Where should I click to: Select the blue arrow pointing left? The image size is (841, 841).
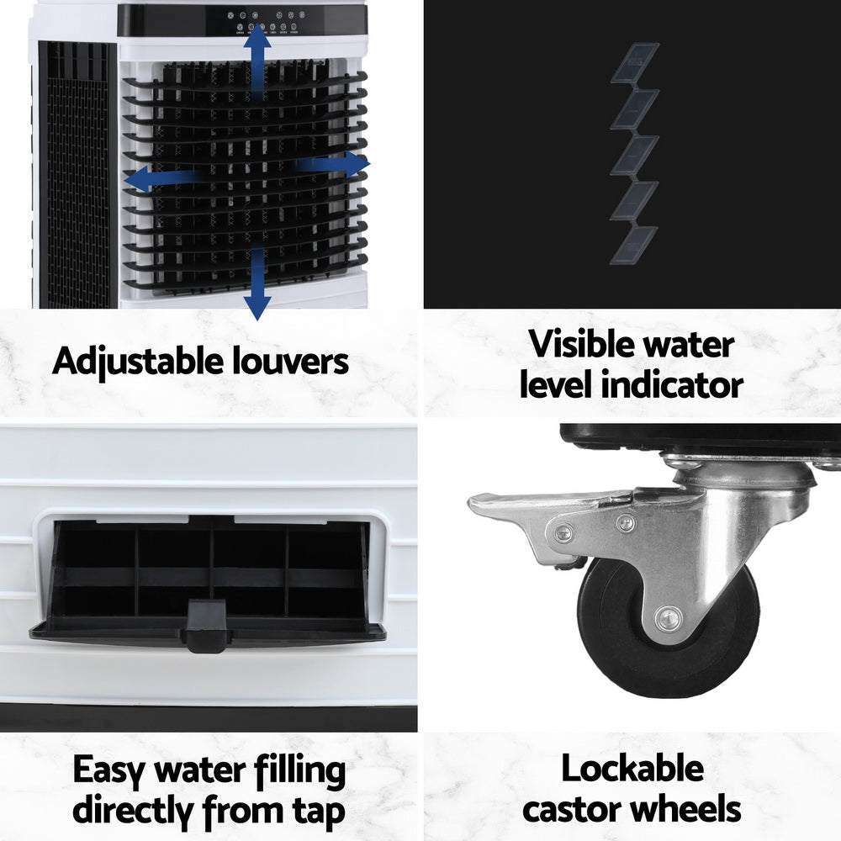156,178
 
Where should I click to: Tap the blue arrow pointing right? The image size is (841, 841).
336,164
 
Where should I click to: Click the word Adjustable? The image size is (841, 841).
131,362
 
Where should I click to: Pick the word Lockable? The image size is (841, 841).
632,769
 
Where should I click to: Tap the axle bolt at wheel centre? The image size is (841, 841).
669,618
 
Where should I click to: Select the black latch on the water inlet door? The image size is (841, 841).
207,626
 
